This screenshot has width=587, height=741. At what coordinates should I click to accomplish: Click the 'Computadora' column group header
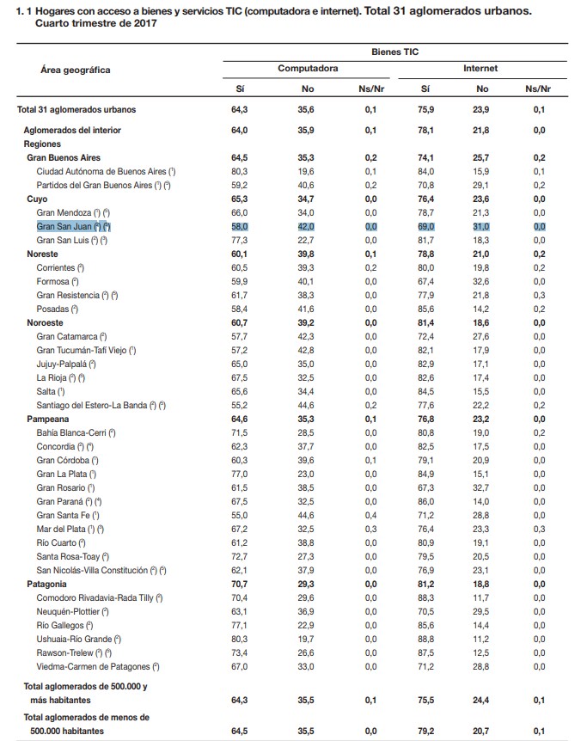pos(307,68)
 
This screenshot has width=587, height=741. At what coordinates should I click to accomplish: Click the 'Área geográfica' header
pos(76,69)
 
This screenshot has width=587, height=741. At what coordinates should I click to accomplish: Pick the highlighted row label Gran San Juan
pos(74,225)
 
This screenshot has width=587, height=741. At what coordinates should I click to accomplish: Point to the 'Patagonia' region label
pos(48,584)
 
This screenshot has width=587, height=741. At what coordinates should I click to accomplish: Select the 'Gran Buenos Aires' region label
pos(64,158)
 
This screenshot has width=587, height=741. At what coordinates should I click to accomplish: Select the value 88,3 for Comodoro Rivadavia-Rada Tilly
pos(425,597)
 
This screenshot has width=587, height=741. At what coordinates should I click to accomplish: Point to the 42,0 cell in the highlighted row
pos(306,225)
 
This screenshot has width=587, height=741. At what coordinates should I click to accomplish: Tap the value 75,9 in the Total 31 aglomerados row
pos(425,110)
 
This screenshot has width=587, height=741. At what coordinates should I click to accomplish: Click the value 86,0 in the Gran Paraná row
pos(425,501)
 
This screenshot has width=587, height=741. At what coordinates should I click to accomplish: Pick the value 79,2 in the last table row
pos(425,731)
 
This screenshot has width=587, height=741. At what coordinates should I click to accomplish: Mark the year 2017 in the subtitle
pos(142,23)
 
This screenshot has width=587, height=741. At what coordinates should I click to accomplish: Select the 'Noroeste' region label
pos(46,322)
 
